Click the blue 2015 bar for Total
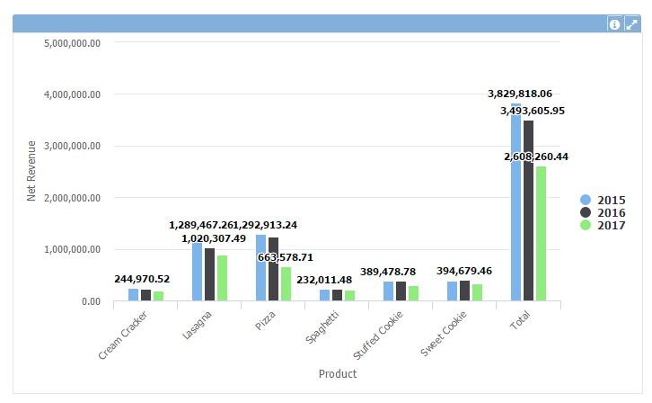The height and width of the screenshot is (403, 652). (x=515, y=202)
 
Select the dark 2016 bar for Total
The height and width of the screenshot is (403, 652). (x=529, y=210)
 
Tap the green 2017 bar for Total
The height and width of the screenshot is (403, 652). (x=542, y=234)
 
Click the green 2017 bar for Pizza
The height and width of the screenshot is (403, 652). (x=286, y=283)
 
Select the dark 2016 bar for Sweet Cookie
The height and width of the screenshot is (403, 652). (x=464, y=291)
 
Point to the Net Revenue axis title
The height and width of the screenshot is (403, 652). (x=31, y=171)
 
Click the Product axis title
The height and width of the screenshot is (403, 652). (x=338, y=373)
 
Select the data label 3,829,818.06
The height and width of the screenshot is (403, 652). (x=520, y=94)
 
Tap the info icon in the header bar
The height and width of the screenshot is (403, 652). (x=615, y=24)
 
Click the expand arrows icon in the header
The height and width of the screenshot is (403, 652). (x=631, y=24)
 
